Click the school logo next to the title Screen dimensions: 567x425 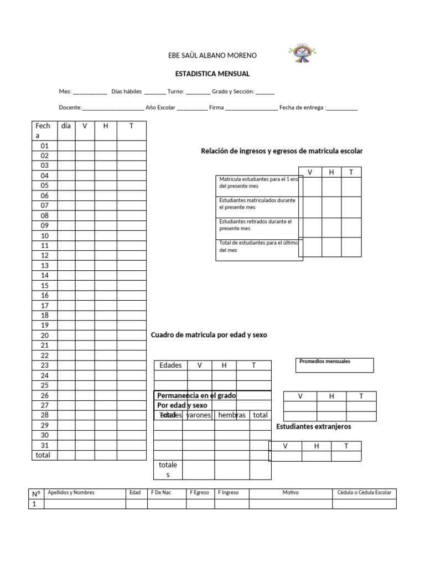(302, 55)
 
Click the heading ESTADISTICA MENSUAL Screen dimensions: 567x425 (212, 74)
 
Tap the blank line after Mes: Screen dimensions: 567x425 (90, 92)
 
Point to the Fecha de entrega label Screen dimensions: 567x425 (302, 107)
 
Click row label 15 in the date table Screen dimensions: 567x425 (45, 286)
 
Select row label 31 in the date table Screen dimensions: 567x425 (45, 445)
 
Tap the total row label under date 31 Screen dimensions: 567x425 (43, 455)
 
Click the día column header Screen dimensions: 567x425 (66, 126)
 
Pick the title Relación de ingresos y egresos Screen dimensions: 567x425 (282, 151)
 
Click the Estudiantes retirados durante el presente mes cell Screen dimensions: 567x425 (257, 225)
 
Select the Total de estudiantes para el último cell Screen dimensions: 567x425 (257, 246)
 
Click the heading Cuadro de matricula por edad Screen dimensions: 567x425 (209, 336)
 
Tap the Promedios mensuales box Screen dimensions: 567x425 (335, 365)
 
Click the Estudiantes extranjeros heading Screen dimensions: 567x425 (314, 426)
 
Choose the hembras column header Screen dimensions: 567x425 (231, 415)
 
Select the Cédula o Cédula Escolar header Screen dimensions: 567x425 (364, 492)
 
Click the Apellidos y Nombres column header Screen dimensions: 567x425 (71, 492)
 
